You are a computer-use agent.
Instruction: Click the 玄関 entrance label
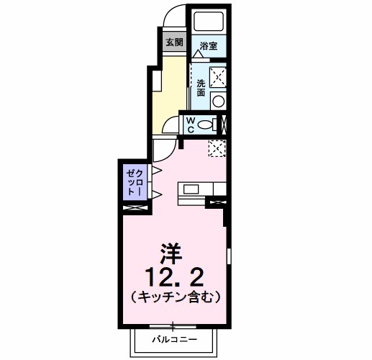pos(175,42)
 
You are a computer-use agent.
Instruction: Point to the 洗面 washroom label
pos(201,87)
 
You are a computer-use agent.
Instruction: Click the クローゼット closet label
pos(135,183)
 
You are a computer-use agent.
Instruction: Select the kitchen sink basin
pos(191,189)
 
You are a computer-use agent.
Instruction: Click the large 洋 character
pos(171,254)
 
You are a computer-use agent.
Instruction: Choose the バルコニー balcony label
pos(172,337)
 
